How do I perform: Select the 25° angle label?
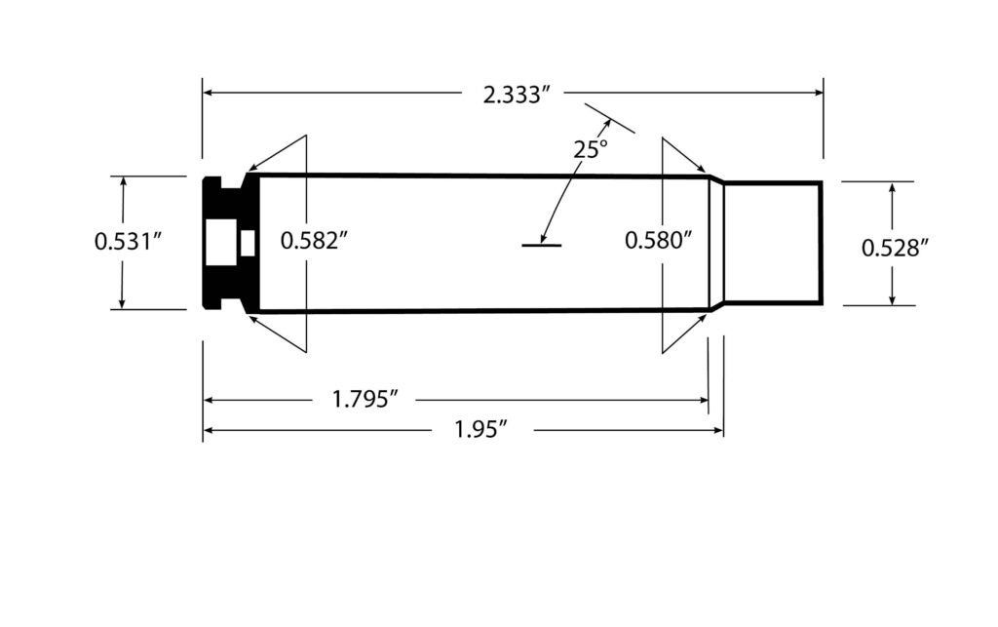[590, 149]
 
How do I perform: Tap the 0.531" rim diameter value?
[127, 241]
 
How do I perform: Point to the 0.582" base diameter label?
[314, 241]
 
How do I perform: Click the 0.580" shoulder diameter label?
[658, 241]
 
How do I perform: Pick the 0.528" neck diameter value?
[894, 249]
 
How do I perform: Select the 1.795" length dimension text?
[365, 400]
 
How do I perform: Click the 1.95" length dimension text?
[482, 430]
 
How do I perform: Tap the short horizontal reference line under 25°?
[541, 245]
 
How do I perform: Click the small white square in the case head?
[248, 242]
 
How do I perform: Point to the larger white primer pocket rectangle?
[221, 243]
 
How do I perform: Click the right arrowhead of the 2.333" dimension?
[818, 94]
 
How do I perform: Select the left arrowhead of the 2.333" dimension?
[209, 94]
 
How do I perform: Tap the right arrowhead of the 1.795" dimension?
[702, 400]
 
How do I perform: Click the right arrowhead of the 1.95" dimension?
[716, 430]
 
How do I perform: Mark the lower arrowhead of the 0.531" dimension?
[123, 302]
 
